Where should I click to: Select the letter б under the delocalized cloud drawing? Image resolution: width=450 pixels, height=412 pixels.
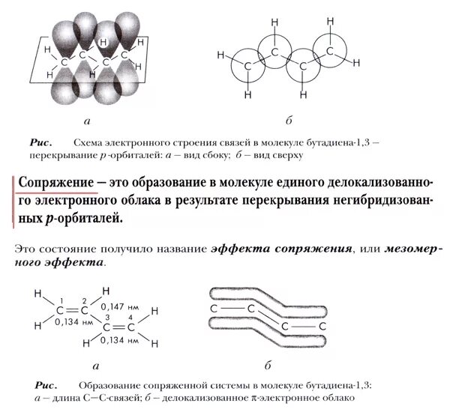click(x=267, y=366)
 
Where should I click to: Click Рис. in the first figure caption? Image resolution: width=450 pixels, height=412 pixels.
click(x=40, y=142)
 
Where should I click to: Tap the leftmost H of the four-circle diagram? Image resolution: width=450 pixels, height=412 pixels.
click(x=220, y=55)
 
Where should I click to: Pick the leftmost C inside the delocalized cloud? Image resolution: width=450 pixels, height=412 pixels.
click(x=214, y=308)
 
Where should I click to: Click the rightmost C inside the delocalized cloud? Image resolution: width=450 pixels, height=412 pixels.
click(x=322, y=327)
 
